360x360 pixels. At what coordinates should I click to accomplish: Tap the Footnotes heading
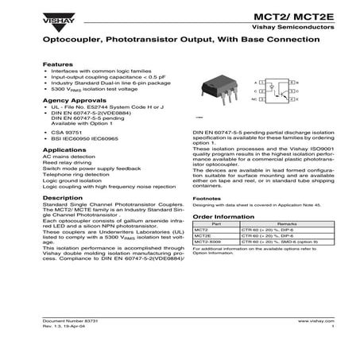coord(207,197)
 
